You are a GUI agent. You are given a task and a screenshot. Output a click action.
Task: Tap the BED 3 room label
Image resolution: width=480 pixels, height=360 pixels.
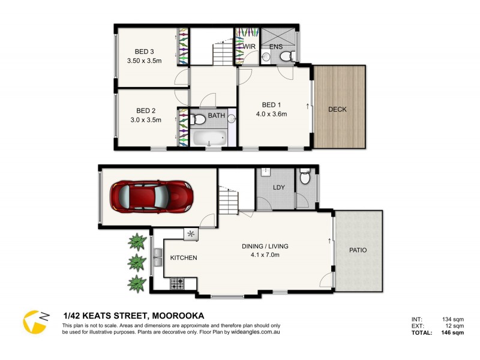[145, 52]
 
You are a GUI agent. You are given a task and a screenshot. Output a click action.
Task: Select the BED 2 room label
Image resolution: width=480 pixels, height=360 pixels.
[145, 110]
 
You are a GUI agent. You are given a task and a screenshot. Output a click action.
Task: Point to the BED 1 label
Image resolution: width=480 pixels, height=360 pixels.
[272, 105]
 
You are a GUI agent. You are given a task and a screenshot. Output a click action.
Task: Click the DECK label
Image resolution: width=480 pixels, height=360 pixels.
[337, 109]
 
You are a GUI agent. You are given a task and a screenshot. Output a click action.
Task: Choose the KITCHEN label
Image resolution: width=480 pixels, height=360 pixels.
[184, 258]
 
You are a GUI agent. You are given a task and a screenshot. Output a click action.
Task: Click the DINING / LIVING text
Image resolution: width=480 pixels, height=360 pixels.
[265, 246]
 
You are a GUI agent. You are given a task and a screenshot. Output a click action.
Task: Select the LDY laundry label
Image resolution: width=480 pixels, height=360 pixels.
[278, 188]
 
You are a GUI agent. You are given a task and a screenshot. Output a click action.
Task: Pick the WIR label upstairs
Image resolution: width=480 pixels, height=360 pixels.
[250, 46]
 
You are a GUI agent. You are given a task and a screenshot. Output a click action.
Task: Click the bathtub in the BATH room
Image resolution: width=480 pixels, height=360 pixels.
[208, 139]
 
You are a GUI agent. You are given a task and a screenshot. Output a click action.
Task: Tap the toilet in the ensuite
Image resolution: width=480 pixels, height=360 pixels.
[286, 57]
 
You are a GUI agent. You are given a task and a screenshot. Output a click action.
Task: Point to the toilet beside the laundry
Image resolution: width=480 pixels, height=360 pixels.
[305, 179]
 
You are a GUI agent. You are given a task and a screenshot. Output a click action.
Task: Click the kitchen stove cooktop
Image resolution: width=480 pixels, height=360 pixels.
[178, 283]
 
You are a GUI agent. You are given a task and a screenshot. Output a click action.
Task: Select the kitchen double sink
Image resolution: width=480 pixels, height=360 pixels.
[158, 258]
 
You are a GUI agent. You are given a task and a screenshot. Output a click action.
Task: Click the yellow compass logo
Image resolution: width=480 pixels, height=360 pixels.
[35, 322]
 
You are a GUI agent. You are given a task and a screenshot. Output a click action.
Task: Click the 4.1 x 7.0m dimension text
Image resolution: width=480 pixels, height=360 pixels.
[265, 255]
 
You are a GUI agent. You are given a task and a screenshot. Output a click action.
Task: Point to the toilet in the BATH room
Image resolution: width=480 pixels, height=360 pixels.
[199, 119]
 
